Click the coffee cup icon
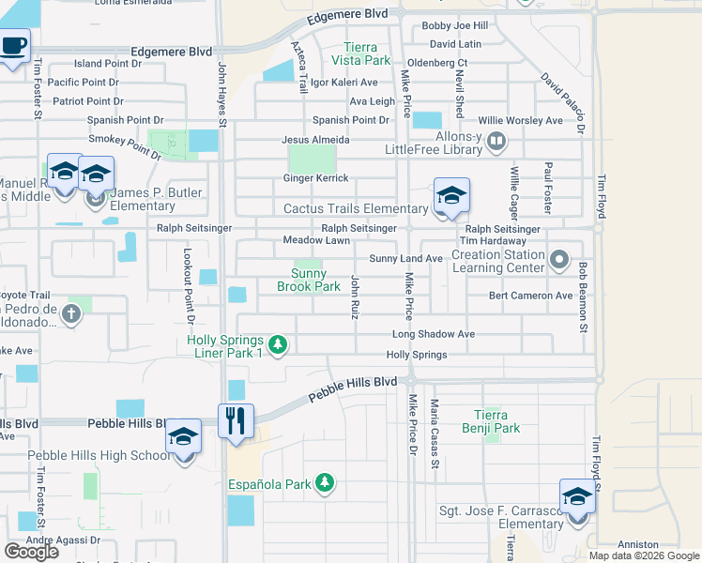tap(13, 47)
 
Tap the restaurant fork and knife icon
tap(236, 419)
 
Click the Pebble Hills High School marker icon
tap(184, 437)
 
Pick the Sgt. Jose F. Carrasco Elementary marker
tap(577, 497)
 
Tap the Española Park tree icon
tap(325, 483)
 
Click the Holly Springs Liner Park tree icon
tap(277, 346)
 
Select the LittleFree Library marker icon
tap(496, 143)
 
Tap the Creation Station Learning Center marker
tap(559, 259)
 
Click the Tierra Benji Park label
tap(497, 421)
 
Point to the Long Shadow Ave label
tap(433, 334)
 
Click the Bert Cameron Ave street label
tap(530, 296)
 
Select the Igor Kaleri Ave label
tap(344, 83)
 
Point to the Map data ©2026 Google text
tap(644, 555)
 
